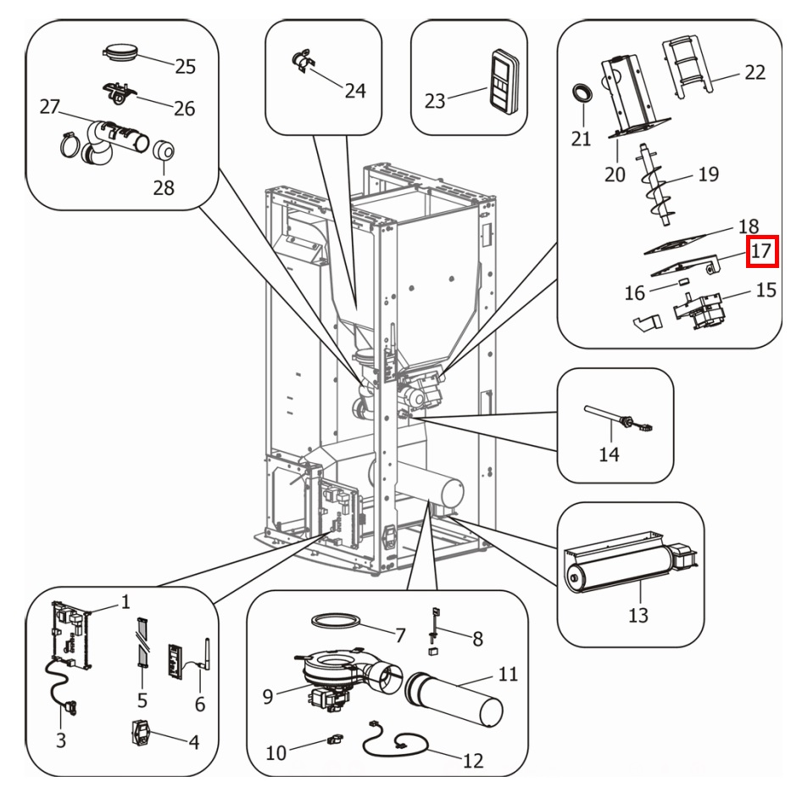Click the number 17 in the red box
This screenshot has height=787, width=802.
[760, 252]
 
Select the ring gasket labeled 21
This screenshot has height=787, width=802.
[581, 93]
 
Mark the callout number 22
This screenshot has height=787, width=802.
[755, 72]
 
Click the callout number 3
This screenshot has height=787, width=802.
[61, 740]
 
